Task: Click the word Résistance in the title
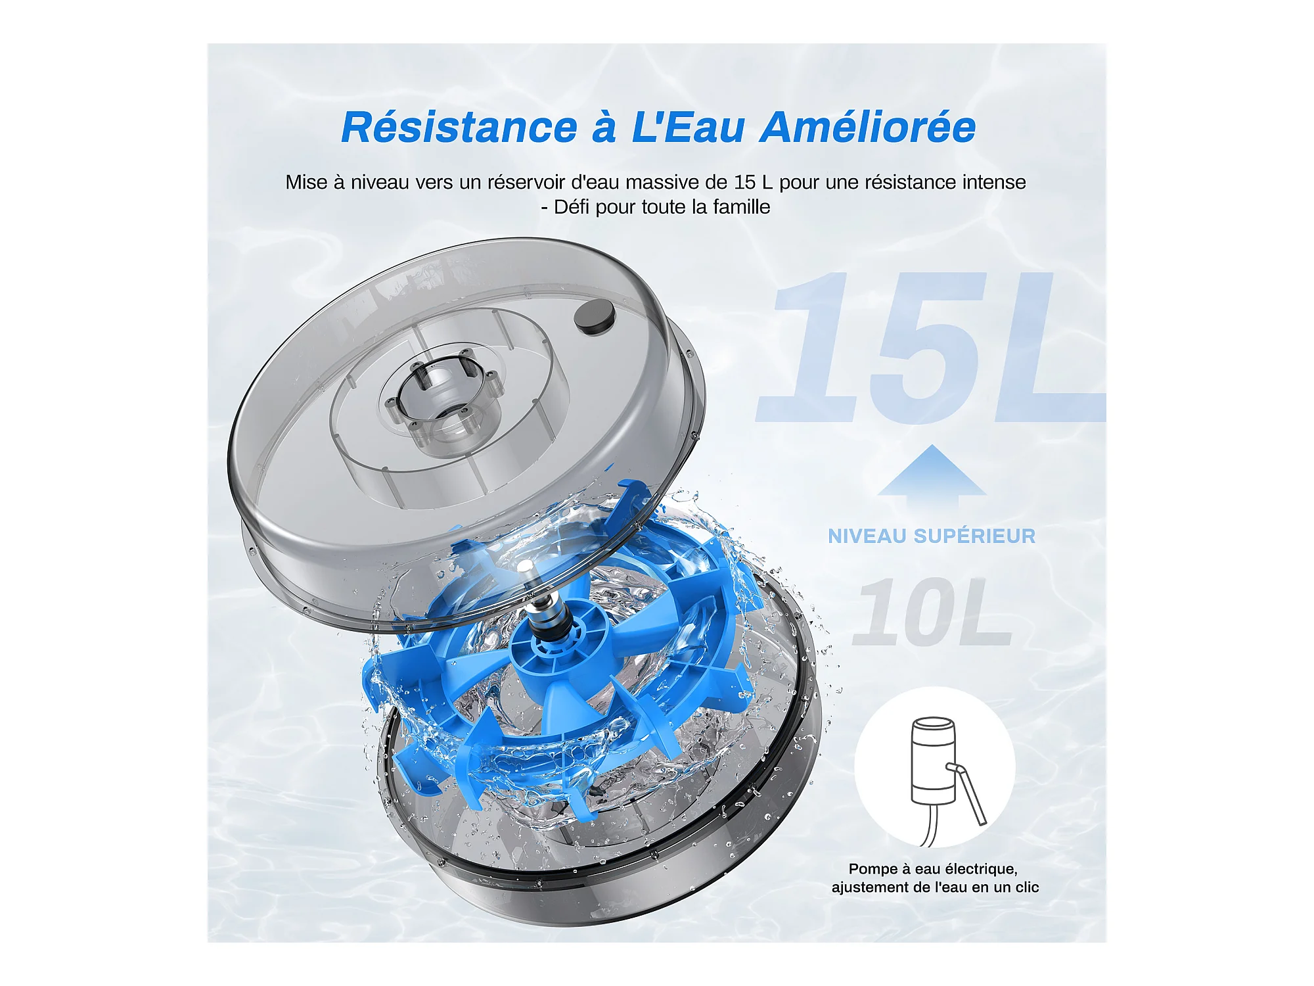pyautogui.click(x=459, y=127)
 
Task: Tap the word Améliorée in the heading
pyautogui.click(x=868, y=127)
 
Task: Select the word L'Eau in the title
pyautogui.click(x=687, y=127)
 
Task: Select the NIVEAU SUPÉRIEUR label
pyautogui.click(x=932, y=536)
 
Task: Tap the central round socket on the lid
pyautogui.click(x=442, y=392)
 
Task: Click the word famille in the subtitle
pyautogui.click(x=742, y=207)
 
